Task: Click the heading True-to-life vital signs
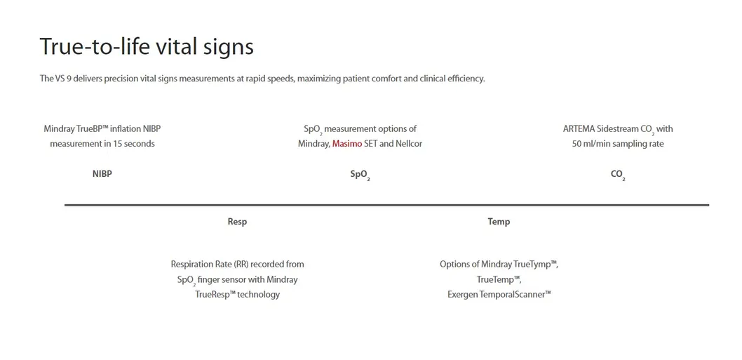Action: [x=147, y=47]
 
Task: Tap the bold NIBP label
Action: [x=102, y=174]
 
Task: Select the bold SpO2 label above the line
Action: [x=360, y=175]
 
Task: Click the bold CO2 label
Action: [x=618, y=175]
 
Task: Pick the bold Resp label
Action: [x=237, y=222]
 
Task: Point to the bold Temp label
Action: [x=499, y=222]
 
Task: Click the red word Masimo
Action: [x=347, y=144]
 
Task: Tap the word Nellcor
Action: [x=408, y=144]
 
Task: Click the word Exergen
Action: [x=462, y=295]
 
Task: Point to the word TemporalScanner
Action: [x=515, y=294]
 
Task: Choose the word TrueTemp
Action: [x=499, y=279]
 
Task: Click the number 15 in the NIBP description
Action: [x=117, y=144]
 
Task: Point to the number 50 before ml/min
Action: [x=577, y=144]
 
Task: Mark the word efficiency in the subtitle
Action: [x=466, y=79]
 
